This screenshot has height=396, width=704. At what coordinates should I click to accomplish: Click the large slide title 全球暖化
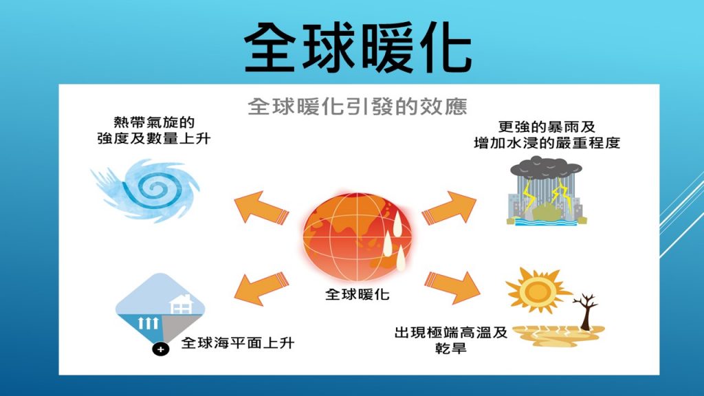click(x=357, y=47)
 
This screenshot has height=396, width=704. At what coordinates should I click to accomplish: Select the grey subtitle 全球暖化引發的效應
click(x=357, y=107)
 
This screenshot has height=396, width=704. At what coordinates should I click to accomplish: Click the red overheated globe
click(x=357, y=236)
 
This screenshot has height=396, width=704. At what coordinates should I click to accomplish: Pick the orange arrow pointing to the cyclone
click(x=261, y=207)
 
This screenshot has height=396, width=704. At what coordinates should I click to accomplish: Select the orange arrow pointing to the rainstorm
click(x=449, y=208)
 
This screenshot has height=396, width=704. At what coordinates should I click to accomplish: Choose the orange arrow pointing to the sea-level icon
click(x=261, y=288)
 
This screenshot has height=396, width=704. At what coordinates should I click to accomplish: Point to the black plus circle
click(x=160, y=349)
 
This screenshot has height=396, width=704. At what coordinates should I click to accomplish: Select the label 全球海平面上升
click(x=238, y=343)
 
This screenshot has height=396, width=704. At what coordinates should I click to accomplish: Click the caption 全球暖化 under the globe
click(x=357, y=294)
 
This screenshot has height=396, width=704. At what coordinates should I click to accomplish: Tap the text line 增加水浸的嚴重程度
click(x=547, y=143)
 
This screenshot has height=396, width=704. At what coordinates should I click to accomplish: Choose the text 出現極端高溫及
click(x=451, y=333)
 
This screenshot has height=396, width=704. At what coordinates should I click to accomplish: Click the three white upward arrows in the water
click(x=148, y=323)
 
